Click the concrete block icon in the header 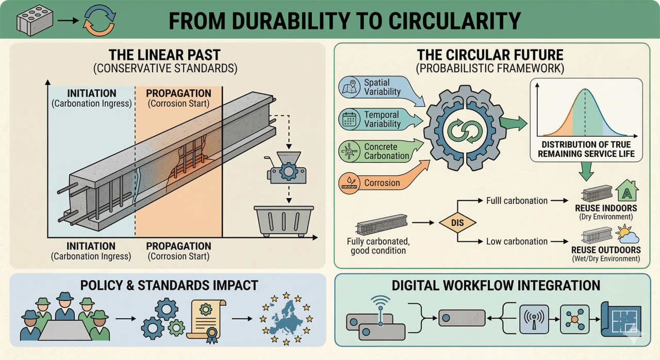(x=34, y=21)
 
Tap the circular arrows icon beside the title (x=100, y=21)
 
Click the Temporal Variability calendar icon (x=352, y=120)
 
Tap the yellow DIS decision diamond (x=457, y=223)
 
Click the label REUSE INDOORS (x=606, y=208)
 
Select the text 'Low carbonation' (x=517, y=241)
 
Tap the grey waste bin (x=283, y=221)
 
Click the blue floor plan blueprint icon (x=621, y=319)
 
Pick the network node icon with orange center (x=574, y=319)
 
